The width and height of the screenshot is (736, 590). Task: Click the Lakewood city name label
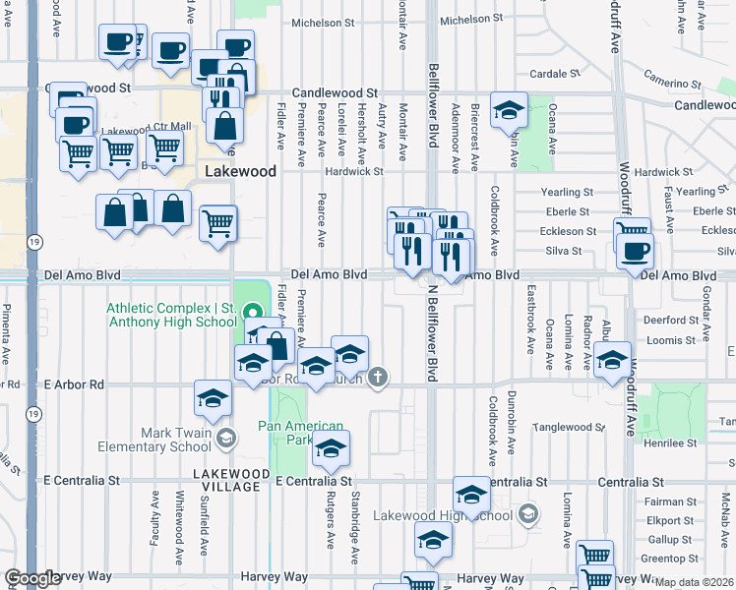[x=240, y=170]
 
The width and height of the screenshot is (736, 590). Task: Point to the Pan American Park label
[x=301, y=433]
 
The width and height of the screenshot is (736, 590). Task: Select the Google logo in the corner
[x=32, y=579]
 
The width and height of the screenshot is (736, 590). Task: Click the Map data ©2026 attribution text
[x=694, y=582]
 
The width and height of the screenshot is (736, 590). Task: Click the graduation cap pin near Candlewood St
[x=509, y=110]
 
